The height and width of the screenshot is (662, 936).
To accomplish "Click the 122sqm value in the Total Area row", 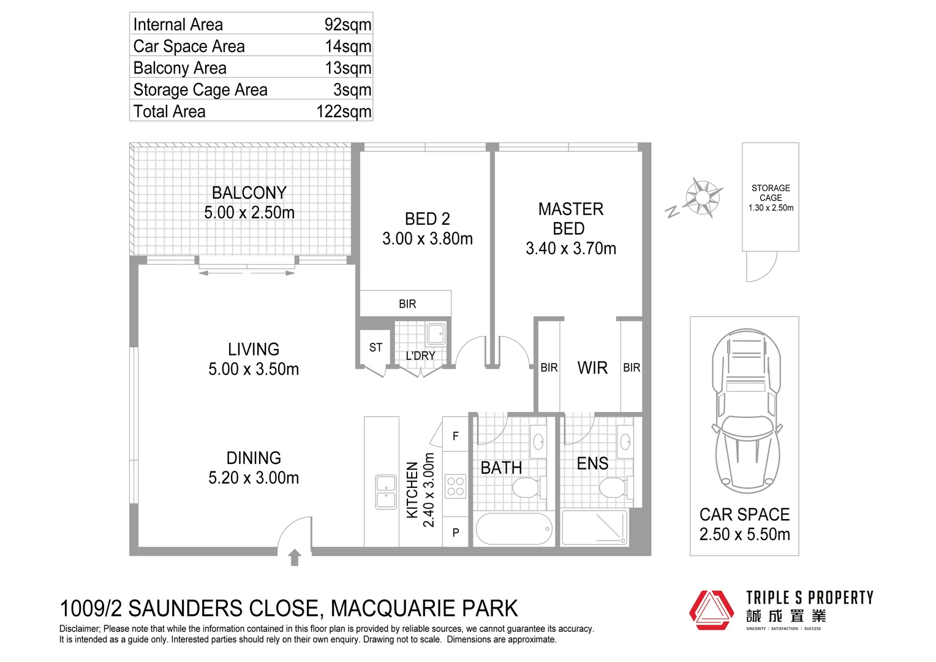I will (344, 112).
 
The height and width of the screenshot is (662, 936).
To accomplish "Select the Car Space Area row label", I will (189, 47).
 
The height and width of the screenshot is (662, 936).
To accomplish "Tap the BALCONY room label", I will (249, 193).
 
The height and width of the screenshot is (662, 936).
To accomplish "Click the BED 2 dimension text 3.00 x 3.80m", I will (427, 239).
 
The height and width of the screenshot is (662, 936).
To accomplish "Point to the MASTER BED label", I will (570, 219).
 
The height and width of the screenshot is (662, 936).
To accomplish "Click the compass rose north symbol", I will (702, 197).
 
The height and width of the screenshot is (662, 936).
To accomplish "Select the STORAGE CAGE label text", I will (771, 193).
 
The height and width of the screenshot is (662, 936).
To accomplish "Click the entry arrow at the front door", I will (295, 557).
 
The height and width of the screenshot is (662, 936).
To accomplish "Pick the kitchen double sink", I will (385, 492).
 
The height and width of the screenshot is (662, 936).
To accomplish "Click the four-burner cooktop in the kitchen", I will (455, 487).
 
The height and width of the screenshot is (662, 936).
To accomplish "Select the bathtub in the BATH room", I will (515, 528).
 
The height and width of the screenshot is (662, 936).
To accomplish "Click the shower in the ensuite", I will (595, 528).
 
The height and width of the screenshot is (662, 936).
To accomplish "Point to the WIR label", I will (592, 368).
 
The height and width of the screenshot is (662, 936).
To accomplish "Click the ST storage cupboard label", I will (376, 348).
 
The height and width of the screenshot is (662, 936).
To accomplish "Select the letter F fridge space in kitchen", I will (455, 436).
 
